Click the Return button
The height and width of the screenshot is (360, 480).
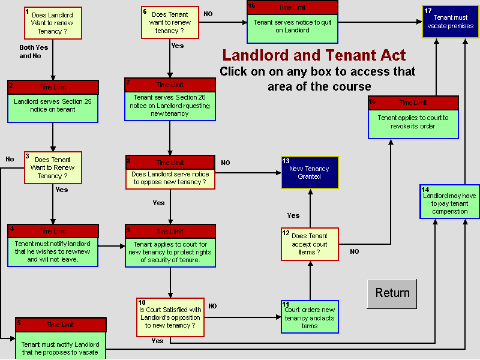point(392,293)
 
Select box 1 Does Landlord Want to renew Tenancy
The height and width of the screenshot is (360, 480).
point(53,23)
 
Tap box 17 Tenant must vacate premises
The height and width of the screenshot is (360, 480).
point(450,22)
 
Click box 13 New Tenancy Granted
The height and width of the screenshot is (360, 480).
point(310,172)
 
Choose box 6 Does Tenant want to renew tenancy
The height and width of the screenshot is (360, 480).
point(170,23)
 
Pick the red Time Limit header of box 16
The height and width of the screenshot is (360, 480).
point(292,7)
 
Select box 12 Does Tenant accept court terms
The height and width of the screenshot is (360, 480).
point(310,244)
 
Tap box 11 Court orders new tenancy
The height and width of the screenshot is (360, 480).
point(309,317)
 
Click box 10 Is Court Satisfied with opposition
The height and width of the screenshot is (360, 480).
point(170,317)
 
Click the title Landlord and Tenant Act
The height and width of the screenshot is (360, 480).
point(314,56)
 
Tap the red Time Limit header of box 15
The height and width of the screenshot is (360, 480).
point(413,103)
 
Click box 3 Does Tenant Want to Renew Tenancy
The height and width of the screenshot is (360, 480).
point(53,167)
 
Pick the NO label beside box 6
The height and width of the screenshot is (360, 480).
point(208,14)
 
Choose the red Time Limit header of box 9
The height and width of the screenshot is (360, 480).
point(170,231)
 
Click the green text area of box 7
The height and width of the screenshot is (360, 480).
point(170,106)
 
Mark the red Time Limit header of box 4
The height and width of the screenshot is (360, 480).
point(53,231)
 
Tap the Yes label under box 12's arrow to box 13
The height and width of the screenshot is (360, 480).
point(293,215)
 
